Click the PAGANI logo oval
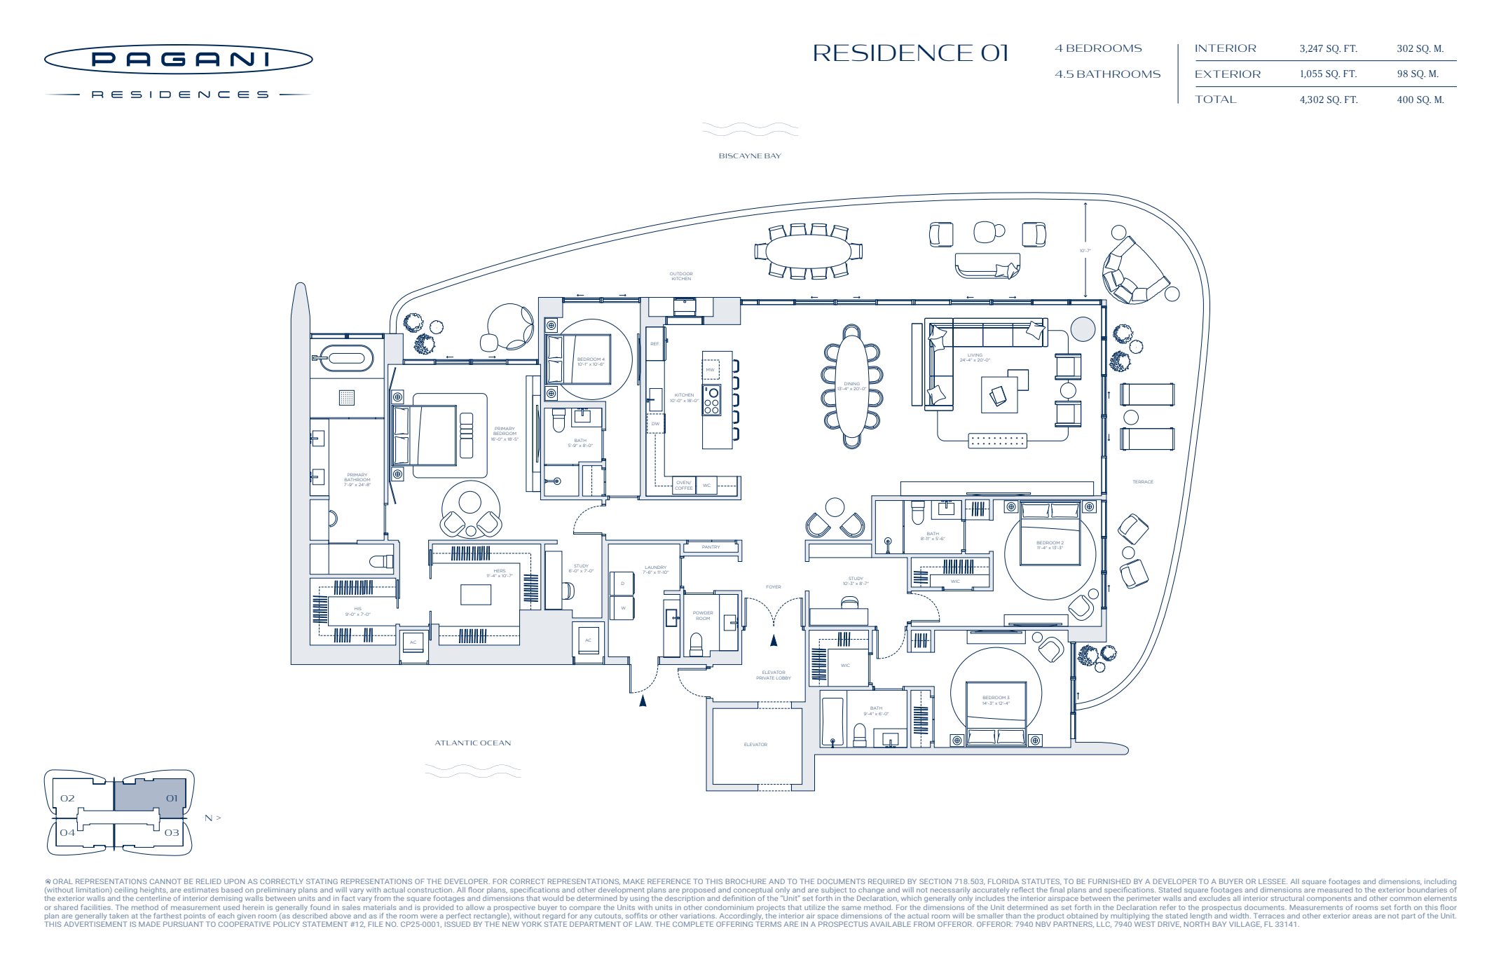178,60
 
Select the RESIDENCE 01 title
910,53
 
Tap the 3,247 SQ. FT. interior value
1328,49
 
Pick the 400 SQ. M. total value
1420,99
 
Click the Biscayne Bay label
749,156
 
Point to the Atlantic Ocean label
472,743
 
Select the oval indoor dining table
851,387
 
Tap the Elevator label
755,745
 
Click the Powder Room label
702,616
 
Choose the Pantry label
711,547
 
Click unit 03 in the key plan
172,833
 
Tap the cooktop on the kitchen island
711,400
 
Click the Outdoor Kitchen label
680,276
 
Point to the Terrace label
1142,482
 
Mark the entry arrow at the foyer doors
774,640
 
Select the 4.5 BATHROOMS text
1107,74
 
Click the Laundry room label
655,570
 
